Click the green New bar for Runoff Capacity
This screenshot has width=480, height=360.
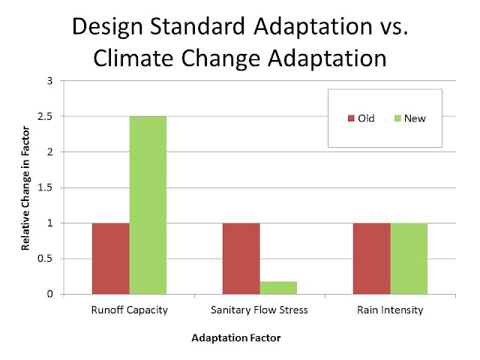tap(148, 205)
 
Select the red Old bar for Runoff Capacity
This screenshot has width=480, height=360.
tap(111, 258)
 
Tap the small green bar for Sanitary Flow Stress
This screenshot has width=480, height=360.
tap(278, 287)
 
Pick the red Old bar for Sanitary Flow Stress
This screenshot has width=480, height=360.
tap(241, 258)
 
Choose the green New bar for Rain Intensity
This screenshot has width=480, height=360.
tap(409, 258)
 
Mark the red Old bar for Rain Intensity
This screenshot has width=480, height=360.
tap(372, 258)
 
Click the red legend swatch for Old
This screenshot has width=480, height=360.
tap(350, 118)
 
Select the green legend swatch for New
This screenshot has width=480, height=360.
tap(397, 118)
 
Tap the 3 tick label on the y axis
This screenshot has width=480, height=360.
tap(51, 80)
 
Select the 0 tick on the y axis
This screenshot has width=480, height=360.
tap(51, 294)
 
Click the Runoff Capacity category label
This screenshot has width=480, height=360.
tap(130, 310)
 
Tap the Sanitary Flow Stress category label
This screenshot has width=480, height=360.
tap(259, 310)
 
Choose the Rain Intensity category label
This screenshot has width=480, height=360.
tap(390, 310)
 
